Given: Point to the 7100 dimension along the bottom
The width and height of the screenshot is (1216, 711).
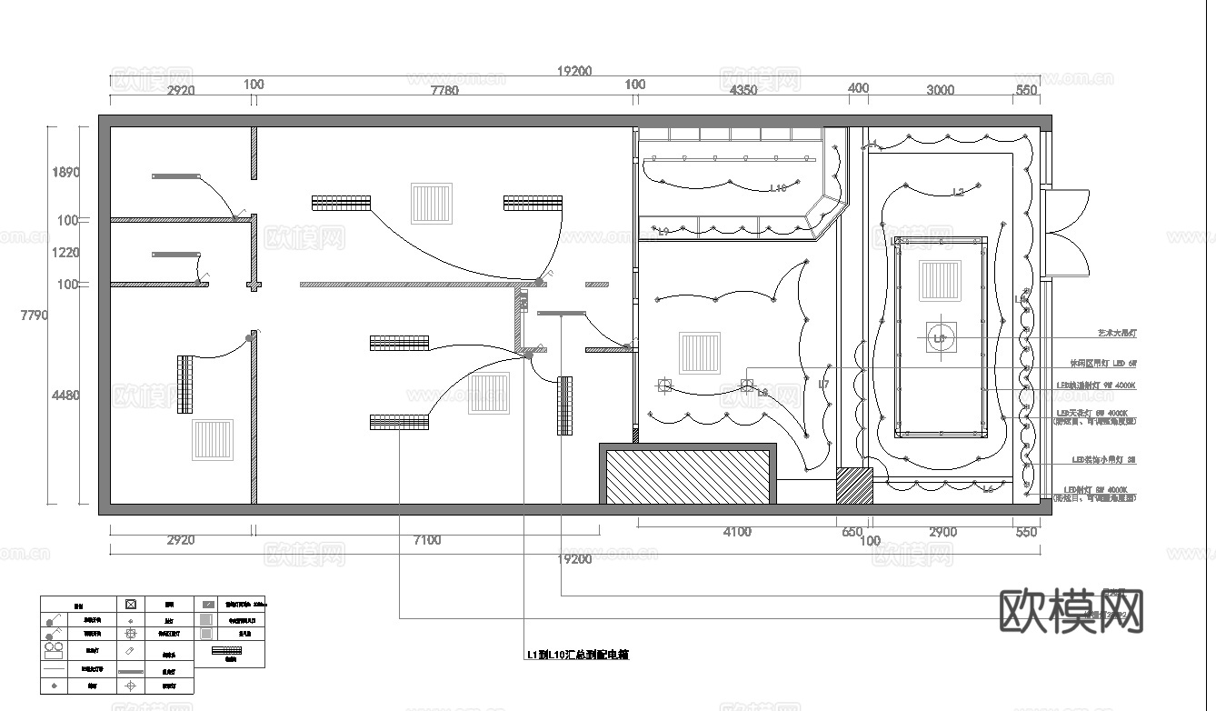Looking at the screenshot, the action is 426,540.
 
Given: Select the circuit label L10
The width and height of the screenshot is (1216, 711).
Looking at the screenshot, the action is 778,188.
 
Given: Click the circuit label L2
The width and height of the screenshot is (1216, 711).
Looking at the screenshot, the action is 958,192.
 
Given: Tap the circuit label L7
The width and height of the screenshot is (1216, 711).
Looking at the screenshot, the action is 823,385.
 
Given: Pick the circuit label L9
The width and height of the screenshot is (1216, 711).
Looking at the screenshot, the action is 663,233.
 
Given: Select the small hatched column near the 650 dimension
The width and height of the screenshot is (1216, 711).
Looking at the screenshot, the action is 854,486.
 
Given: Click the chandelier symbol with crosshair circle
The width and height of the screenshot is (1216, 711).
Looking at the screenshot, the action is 941,338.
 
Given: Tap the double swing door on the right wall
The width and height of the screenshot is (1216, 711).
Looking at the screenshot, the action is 1066,232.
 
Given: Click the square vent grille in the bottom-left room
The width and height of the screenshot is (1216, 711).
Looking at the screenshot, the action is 212,440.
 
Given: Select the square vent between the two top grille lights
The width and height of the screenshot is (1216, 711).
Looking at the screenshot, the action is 431,204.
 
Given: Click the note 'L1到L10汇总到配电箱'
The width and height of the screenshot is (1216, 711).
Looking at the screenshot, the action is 577,655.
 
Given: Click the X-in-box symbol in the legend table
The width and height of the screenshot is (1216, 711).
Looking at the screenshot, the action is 131,604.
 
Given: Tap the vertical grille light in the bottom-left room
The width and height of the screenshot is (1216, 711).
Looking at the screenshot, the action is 185,385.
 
